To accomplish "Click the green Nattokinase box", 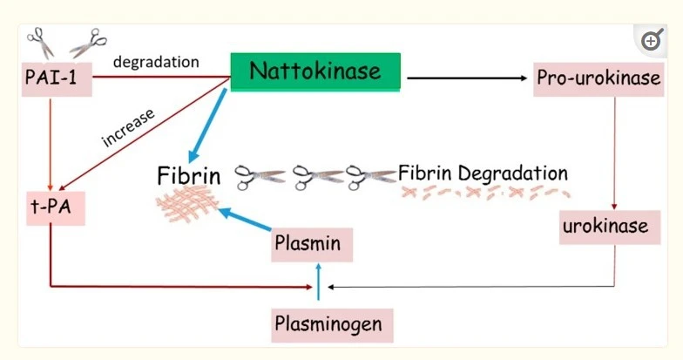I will (x=314, y=71).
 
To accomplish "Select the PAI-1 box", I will (x=51, y=79).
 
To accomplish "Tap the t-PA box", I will (x=51, y=210).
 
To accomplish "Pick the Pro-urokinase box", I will (x=598, y=78).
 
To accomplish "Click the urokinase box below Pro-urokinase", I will (x=604, y=227).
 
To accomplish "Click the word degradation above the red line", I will (x=157, y=62).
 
